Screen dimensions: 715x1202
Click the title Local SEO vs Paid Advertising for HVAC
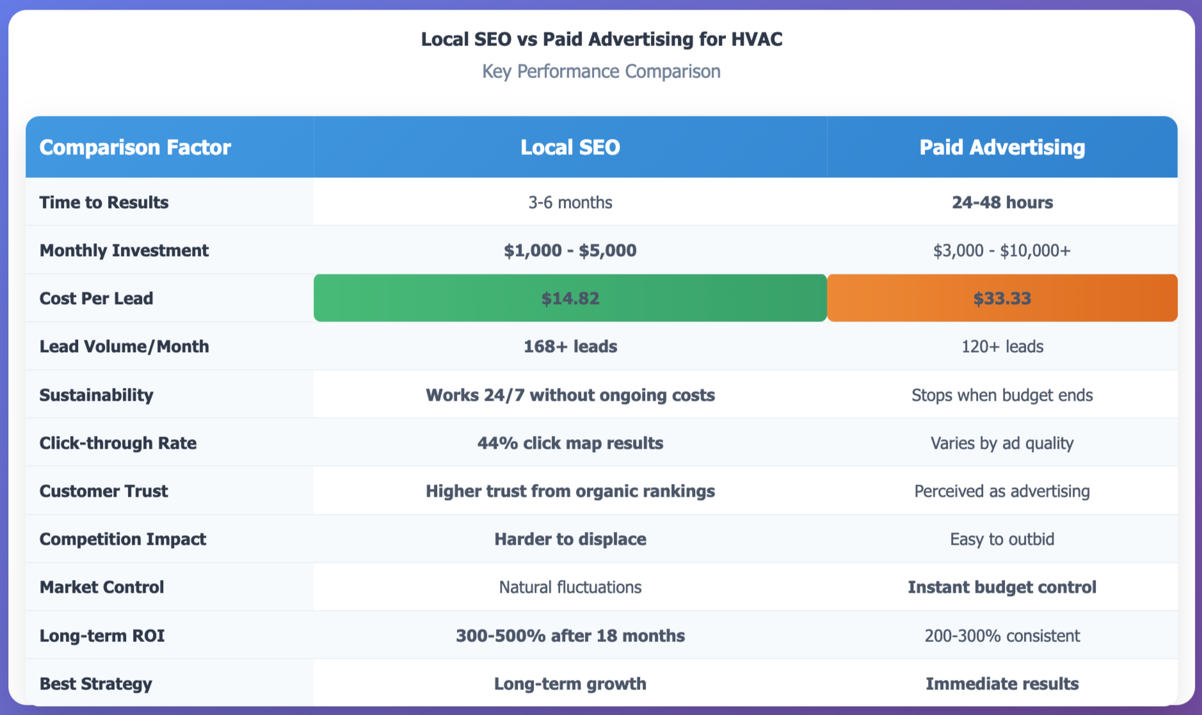(x=601, y=40)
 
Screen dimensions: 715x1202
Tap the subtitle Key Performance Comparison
(x=601, y=71)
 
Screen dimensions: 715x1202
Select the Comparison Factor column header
(x=135, y=147)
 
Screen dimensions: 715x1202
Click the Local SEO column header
(x=570, y=147)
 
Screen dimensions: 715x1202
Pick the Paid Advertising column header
(x=1002, y=147)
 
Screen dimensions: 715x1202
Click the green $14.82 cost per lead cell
(x=570, y=298)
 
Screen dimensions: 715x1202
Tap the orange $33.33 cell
(x=1002, y=298)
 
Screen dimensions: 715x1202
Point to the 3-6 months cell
(x=570, y=202)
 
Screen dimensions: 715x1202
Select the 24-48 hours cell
(x=1002, y=202)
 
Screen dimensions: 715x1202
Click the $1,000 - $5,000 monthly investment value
(x=570, y=250)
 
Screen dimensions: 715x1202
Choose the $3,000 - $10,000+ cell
(x=1002, y=250)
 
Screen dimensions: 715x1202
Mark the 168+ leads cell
(x=570, y=346)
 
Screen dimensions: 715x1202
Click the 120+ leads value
(x=1002, y=346)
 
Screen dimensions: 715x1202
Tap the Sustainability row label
(x=97, y=395)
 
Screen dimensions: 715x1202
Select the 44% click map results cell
(x=570, y=443)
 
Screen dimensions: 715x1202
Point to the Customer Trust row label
(x=104, y=491)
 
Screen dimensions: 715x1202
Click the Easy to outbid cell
(x=1002, y=539)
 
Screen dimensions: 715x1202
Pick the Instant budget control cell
(x=1002, y=587)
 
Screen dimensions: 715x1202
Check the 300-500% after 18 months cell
(x=570, y=636)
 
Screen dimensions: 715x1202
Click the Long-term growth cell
(x=570, y=684)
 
